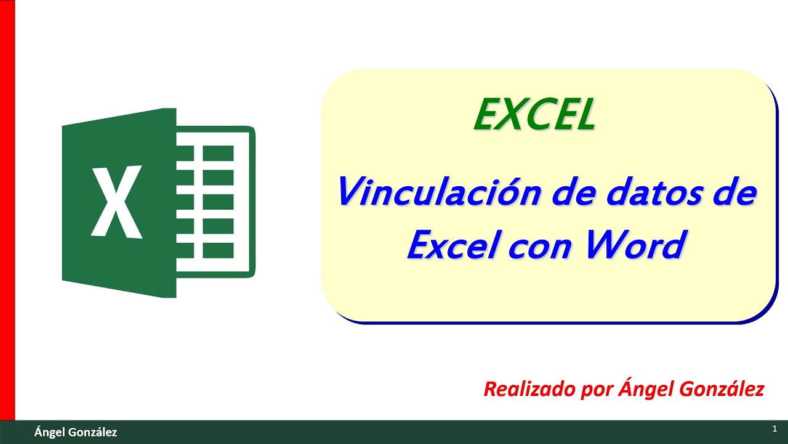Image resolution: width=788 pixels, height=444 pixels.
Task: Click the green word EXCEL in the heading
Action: pyautogui.click(x=534, y=115)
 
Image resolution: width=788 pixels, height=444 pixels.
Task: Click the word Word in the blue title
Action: pyautogui.click(x=635, y=245)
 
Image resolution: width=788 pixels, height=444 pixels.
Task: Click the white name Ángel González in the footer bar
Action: pyautogui.click(x=76, y=432)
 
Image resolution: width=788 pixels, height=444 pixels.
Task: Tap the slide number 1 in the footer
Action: pyautogui.click(x=774, y=428)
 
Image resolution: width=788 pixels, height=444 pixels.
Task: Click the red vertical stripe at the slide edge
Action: pyautogui.click(x=7, y=210)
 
